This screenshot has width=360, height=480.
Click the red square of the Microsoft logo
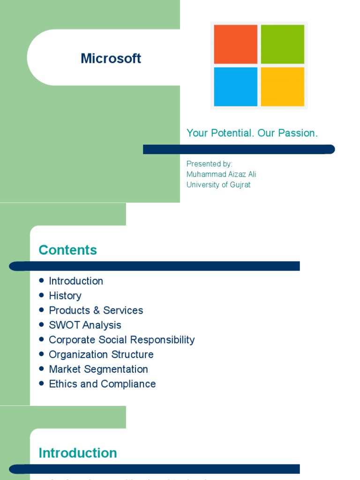point(235,44)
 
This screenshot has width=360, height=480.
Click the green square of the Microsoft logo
point(282,44)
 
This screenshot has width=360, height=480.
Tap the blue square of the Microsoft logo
point(235,87)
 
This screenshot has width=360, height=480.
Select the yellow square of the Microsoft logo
point(282,87)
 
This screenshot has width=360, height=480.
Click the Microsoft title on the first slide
point(111,59)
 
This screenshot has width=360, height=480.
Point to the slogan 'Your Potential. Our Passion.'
point(252,133)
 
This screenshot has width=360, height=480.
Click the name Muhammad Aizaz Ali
point(221,174)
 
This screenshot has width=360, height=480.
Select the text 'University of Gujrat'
point(218,185)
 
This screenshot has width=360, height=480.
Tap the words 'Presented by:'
point(209,164)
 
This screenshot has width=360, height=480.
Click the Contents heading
point(67,250)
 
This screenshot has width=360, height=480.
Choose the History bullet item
point(65,296)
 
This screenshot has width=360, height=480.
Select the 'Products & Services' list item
point(96,310)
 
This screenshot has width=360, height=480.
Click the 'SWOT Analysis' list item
point(85,325)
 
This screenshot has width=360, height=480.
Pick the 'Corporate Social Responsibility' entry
point(121,340)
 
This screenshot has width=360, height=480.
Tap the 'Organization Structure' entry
point(101,354)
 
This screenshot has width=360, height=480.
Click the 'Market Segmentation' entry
point(98,369)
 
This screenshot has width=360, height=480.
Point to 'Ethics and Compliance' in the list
point(102,384)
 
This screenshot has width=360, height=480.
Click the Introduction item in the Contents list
point(76,281)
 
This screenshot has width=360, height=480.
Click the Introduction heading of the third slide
point(77,453)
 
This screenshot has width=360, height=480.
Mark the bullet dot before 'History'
point(41,295)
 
